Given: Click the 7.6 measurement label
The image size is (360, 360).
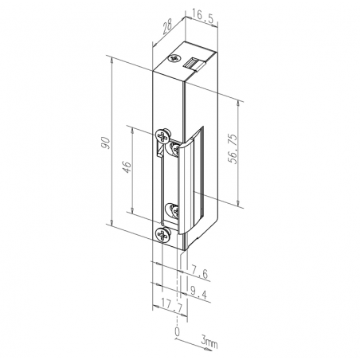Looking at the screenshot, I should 202,275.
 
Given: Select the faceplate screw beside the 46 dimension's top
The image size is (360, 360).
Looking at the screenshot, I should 163,135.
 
